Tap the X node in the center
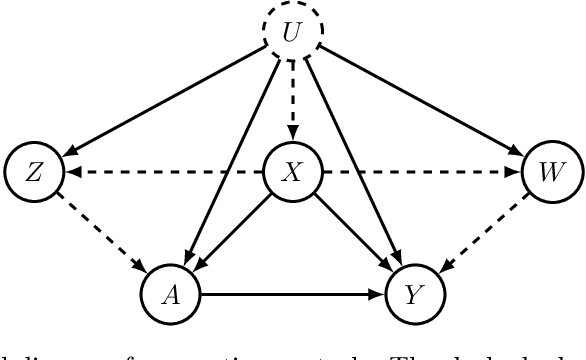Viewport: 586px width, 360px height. pos(293,172)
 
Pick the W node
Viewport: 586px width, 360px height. pos(550,172)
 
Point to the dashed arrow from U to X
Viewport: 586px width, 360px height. pos(293,100)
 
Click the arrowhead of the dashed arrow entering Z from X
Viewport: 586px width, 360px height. pos(69,172)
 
